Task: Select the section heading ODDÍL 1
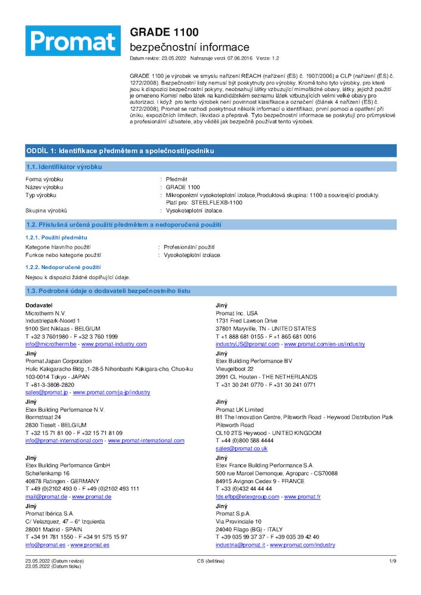point(119,151)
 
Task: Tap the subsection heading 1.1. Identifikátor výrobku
point(64,167)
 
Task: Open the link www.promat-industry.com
point(114,345)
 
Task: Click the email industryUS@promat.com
point(247,345)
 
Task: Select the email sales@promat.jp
point(45,393)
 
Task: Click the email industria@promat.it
point(240,545)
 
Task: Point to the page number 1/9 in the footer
point(392,561)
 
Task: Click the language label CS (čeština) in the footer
point(210,561)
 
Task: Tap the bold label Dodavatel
point(39,305)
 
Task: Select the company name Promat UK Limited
point(239,409)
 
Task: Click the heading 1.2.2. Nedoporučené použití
point(63,267)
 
